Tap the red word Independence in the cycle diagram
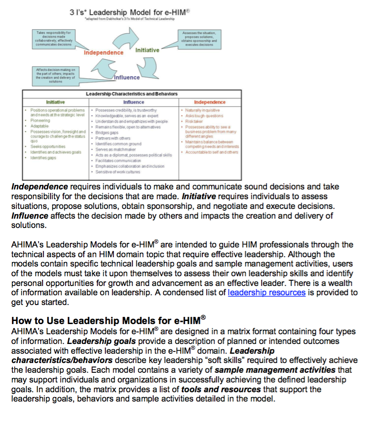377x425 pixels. pos(104,53)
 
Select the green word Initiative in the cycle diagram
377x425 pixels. pos(147,50)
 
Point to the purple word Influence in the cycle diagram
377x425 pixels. pos(127,77)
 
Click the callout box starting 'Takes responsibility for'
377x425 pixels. pos(54,39)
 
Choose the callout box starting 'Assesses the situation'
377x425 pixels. pos(199,39)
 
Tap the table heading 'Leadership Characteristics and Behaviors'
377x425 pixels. pos(131,94)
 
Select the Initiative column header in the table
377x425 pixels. pos(55,102)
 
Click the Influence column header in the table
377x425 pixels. pos(134,102)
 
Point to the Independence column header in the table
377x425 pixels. pos(210,102)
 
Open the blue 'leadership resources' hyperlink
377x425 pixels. pos(266,292)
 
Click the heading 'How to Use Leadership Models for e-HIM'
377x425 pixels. pos(108,320)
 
